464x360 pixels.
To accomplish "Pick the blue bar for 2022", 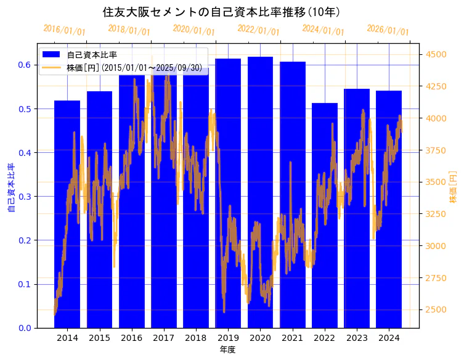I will tap(325, 215).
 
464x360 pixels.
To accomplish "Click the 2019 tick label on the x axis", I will tap(228, 338).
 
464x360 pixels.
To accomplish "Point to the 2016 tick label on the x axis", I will tap(131, 338).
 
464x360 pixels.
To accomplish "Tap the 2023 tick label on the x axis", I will tap(357, 338).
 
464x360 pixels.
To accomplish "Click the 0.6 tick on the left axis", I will tap(24, 65).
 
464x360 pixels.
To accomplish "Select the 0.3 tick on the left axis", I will tap(24, 197).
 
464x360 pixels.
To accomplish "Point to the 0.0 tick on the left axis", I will tap(24, 328).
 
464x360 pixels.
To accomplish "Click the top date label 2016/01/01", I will tap(65, 30).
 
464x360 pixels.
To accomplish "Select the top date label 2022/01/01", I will tap(258, 30).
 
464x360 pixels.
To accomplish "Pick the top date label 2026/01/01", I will tap(388, 30).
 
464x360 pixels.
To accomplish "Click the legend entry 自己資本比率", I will tap(92, 55).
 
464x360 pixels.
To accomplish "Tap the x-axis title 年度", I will tap(227, 350).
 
